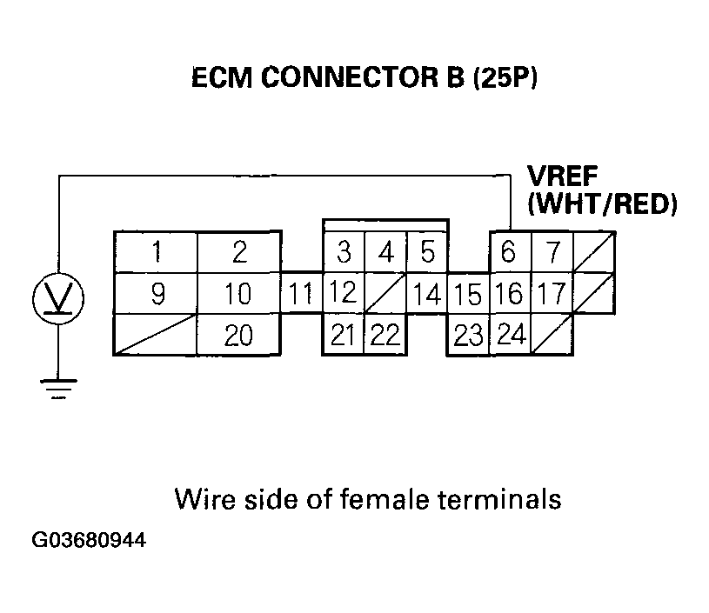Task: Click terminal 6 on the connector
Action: point(509,253)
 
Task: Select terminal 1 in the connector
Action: point(157,253)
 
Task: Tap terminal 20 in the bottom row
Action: point(239,335)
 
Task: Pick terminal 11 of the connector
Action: point(301,294)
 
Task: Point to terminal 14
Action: point(427,294)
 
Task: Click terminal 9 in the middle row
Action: point(157,294)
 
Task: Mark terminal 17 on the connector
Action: point(550,294)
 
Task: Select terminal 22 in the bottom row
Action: point(385,335)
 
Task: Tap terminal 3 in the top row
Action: point(344,253)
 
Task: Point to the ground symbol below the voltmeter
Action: point(58,390)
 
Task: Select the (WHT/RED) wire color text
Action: point(602,205)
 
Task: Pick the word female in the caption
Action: point(378,500)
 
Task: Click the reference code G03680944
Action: point(89,541)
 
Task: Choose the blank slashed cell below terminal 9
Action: point(157,335)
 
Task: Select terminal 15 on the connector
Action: point(468,294)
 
